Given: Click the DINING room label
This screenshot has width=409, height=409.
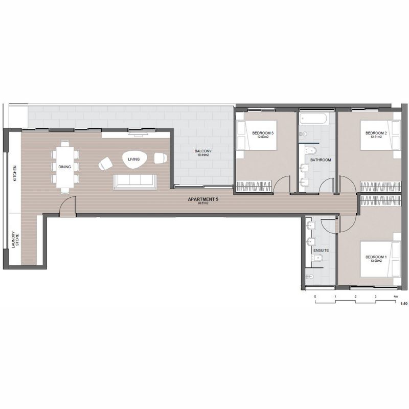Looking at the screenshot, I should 65,167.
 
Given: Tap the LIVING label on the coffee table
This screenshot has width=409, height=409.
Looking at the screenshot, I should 134,160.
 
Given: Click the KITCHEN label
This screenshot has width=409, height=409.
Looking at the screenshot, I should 15,174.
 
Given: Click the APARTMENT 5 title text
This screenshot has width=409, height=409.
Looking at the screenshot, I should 203,199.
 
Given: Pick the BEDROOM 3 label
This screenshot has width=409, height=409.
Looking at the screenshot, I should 263,133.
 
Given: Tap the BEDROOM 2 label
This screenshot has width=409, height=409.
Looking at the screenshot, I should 376,133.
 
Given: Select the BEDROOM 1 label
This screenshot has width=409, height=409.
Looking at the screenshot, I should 376,257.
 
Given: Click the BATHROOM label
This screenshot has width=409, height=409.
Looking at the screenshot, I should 321,160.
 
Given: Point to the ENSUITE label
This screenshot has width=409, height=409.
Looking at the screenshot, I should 321,251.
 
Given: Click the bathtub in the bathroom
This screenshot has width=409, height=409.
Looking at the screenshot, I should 313,119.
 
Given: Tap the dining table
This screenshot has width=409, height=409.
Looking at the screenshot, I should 65,166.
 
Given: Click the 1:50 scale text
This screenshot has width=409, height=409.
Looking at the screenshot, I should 403,304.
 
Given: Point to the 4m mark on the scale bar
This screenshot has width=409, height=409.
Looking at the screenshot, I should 395,297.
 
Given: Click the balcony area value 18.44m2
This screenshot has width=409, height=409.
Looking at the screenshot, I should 203,155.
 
